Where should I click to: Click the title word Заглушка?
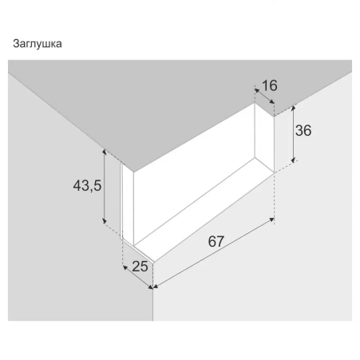(x=38, y=44)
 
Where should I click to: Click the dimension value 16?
(x=270, y=85)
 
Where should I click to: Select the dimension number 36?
(x=303, y=131)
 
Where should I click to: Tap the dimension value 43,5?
(x=87, y=185)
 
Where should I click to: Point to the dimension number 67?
(x=216, y=242)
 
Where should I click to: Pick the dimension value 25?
(x=140, y=267)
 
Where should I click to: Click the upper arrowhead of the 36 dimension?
(x=294, y=108)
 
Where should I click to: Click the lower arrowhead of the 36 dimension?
(x=293, y=160)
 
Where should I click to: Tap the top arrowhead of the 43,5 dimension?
(x=105, y=152)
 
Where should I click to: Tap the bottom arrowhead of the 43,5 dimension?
(x=105, y=221)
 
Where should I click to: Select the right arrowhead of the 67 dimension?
(x=271, y=220)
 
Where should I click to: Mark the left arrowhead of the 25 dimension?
(x=125, y=267)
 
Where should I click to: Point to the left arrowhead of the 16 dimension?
(x=257, y=90)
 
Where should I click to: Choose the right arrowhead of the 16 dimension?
(x=271, y=101)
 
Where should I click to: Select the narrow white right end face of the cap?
(x=264, y=137)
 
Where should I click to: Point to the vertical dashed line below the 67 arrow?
(x=274, y=198)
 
